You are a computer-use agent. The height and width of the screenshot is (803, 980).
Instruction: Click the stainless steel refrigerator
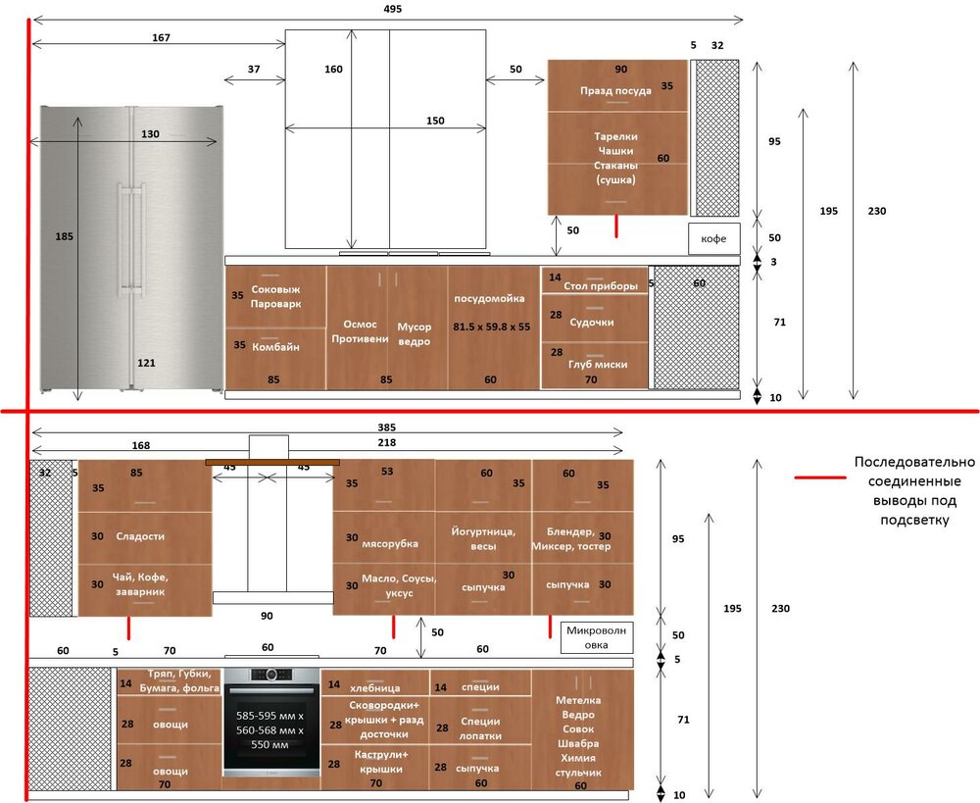coord(132,249)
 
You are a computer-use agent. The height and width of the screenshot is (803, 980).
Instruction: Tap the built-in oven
coord(271,722)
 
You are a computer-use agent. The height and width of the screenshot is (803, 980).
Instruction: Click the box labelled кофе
coord(713,238)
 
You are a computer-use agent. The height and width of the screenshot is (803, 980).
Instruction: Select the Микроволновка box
coord(596,637)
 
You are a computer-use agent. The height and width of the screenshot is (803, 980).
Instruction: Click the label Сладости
coord(140,536)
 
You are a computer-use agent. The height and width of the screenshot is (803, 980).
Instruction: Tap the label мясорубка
coord(389,543)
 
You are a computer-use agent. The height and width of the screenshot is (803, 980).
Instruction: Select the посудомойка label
coord(489,298)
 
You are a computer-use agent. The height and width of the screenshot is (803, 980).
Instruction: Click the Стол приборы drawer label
coord(601,285)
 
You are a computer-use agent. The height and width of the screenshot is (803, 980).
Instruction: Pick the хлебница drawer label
coord(374,688)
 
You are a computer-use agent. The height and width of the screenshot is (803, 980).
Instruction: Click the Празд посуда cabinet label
coord(615,90)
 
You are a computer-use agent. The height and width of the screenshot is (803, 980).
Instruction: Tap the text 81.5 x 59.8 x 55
coord(491,326)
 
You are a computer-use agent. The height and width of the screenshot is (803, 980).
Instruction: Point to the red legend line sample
coord(820,477)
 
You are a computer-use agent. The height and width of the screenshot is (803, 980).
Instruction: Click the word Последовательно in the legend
coord(914,462)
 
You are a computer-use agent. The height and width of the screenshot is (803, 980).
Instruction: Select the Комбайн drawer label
coord(275,346)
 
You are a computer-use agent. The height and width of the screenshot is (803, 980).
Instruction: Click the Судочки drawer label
coord(591,322)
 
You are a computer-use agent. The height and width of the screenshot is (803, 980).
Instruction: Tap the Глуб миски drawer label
coord(598,364)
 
